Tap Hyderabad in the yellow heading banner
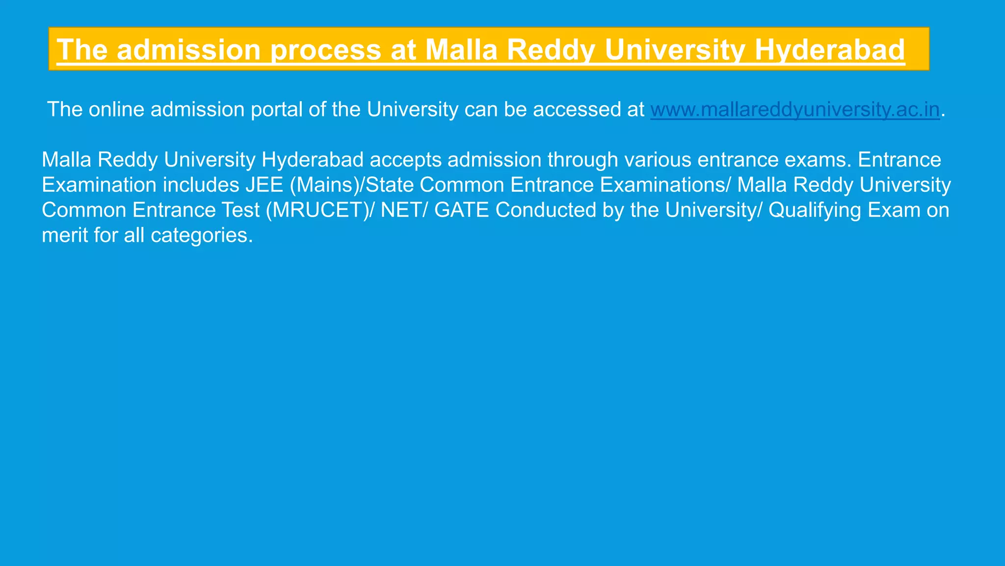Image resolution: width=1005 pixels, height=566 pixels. [829, 50]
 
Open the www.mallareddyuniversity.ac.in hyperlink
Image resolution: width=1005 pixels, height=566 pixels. [795, 110]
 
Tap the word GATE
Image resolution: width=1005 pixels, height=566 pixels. [461, 210]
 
